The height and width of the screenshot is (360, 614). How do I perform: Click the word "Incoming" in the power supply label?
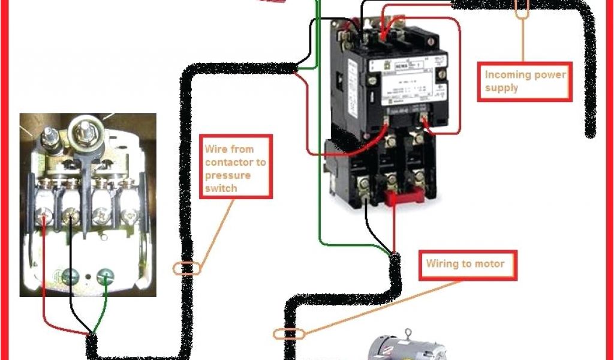[x=507, y=74]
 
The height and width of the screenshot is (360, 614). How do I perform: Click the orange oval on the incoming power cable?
[x=522, y=8]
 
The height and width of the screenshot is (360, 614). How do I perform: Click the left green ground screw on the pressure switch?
[x=71, y=277]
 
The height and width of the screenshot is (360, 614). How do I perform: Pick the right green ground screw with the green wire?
[x=106, y=278]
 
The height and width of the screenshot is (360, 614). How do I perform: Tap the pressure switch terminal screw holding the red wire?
[x=44, y=212]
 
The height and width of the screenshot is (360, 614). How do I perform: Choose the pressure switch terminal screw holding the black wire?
[x=71, y=212]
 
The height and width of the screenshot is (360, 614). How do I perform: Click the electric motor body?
[x=408, y=351]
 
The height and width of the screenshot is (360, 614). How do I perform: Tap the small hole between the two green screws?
[x=89, y=278]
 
